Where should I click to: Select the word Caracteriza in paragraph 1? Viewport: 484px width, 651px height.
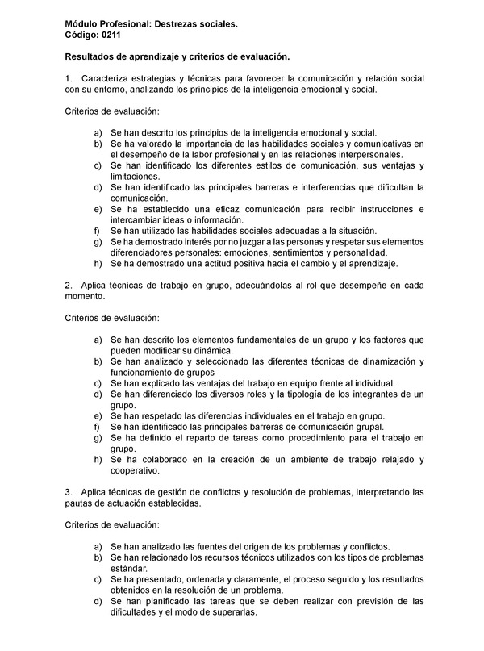(x=108, y=78)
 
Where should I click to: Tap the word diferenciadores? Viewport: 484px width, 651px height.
(x=145, y=252)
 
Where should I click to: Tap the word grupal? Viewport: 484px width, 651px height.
(x=368, y=427)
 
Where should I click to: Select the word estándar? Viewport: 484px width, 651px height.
(x=129, y=569)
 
